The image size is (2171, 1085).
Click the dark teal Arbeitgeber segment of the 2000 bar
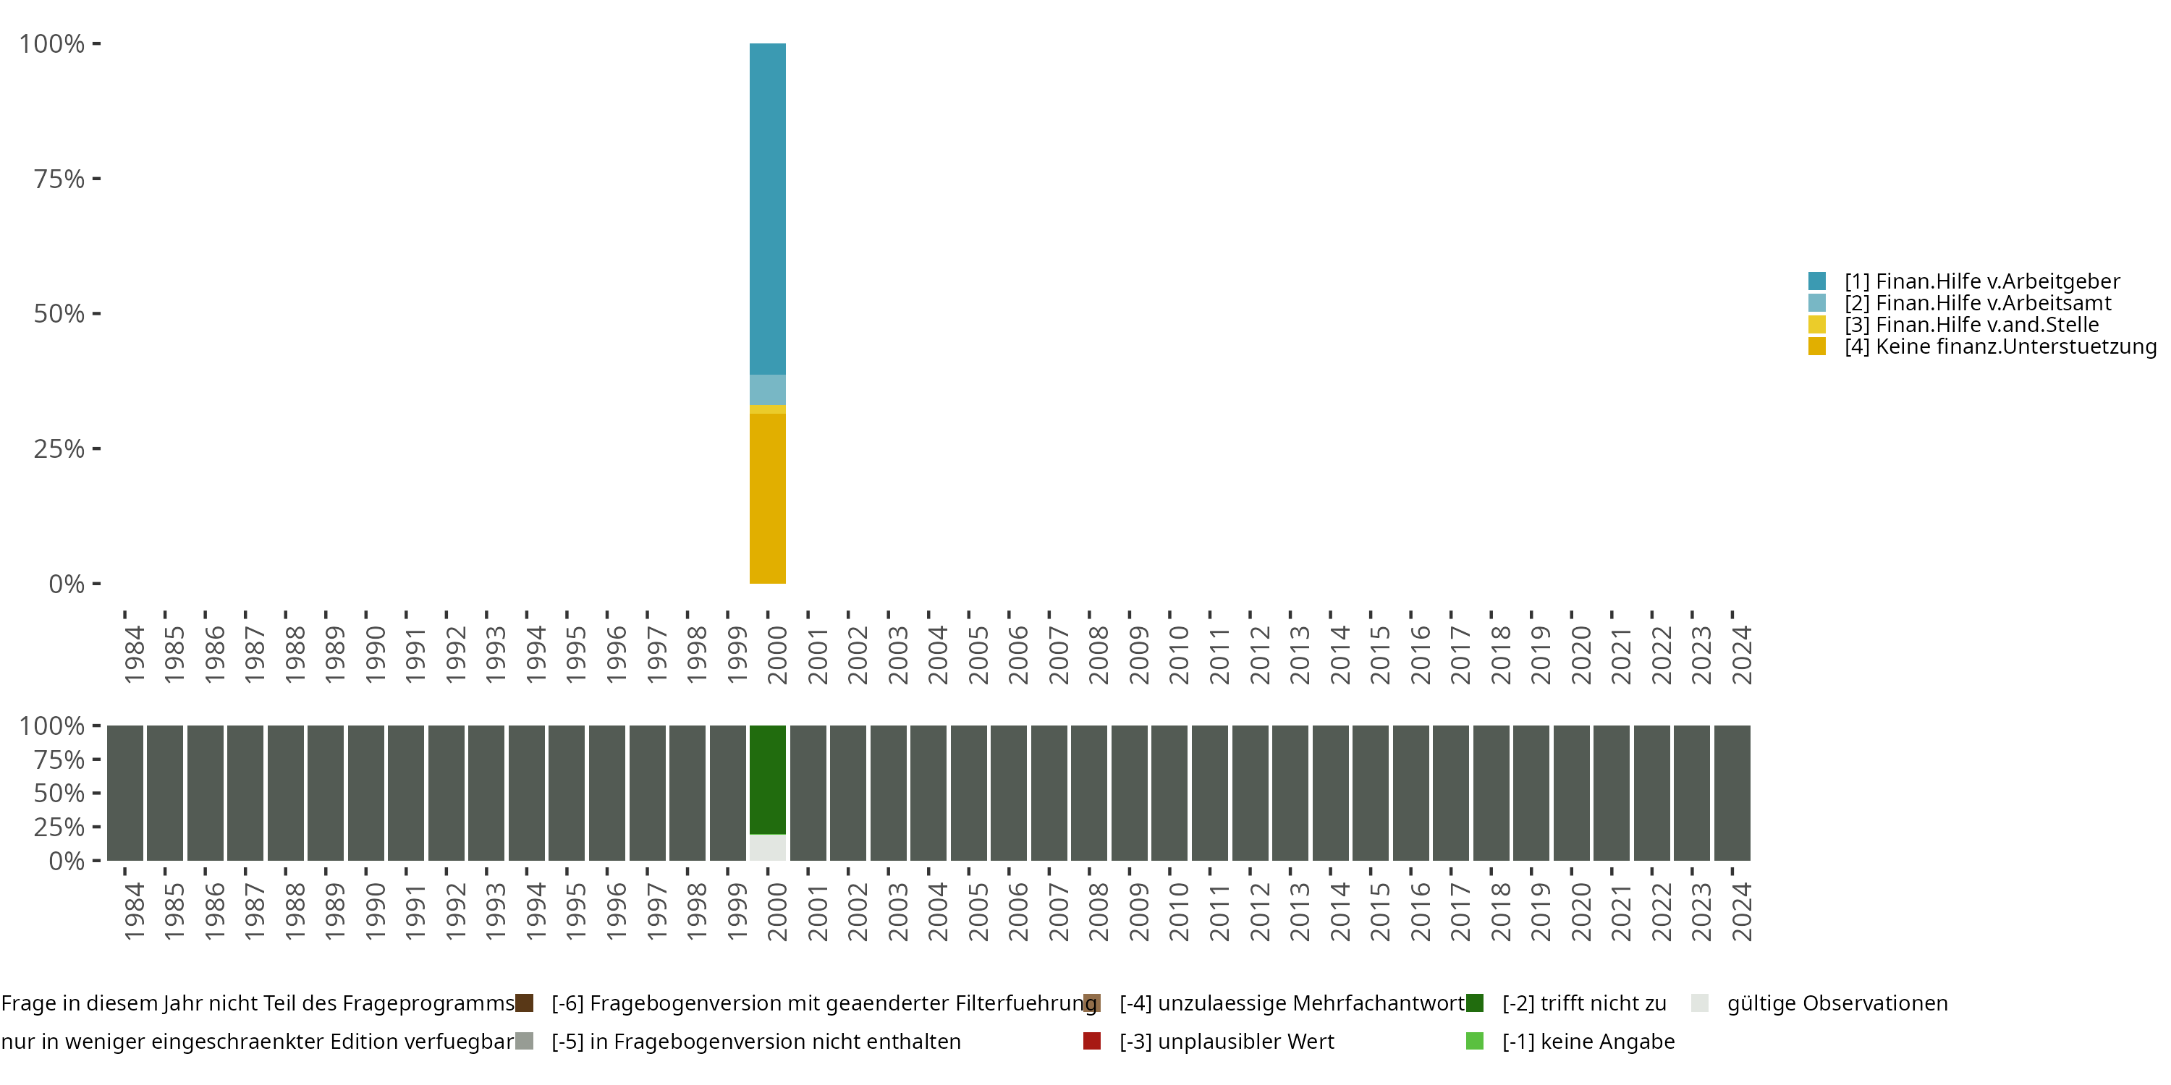coord(767,209)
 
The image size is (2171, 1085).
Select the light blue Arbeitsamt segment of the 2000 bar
coord(767,390)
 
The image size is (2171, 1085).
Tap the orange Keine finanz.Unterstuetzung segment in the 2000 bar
coord(767,498)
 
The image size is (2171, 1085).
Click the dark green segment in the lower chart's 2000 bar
coord(767,779)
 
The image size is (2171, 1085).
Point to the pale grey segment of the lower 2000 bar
coord(767,848)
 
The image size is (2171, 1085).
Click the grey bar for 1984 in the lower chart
coord(124,793)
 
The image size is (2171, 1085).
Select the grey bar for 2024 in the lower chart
coord(1732,793)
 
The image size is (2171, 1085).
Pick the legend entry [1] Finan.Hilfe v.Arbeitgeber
coord(1981,281)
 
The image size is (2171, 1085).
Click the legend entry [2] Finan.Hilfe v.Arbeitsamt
coord(1977,303)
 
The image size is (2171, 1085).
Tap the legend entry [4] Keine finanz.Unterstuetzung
coord(1997,347)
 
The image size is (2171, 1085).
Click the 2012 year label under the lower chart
coord(1258,911)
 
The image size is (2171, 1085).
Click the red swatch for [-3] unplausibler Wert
coord(1091,1041)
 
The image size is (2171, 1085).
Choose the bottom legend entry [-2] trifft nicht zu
coord(1583,1003)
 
